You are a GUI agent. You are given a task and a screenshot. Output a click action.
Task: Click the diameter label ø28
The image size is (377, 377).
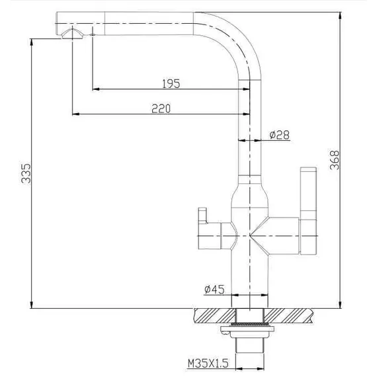(280, 136)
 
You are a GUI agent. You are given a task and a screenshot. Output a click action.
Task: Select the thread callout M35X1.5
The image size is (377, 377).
(208, 363)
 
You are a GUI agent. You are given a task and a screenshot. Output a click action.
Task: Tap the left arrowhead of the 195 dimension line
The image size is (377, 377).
(95, 88)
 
